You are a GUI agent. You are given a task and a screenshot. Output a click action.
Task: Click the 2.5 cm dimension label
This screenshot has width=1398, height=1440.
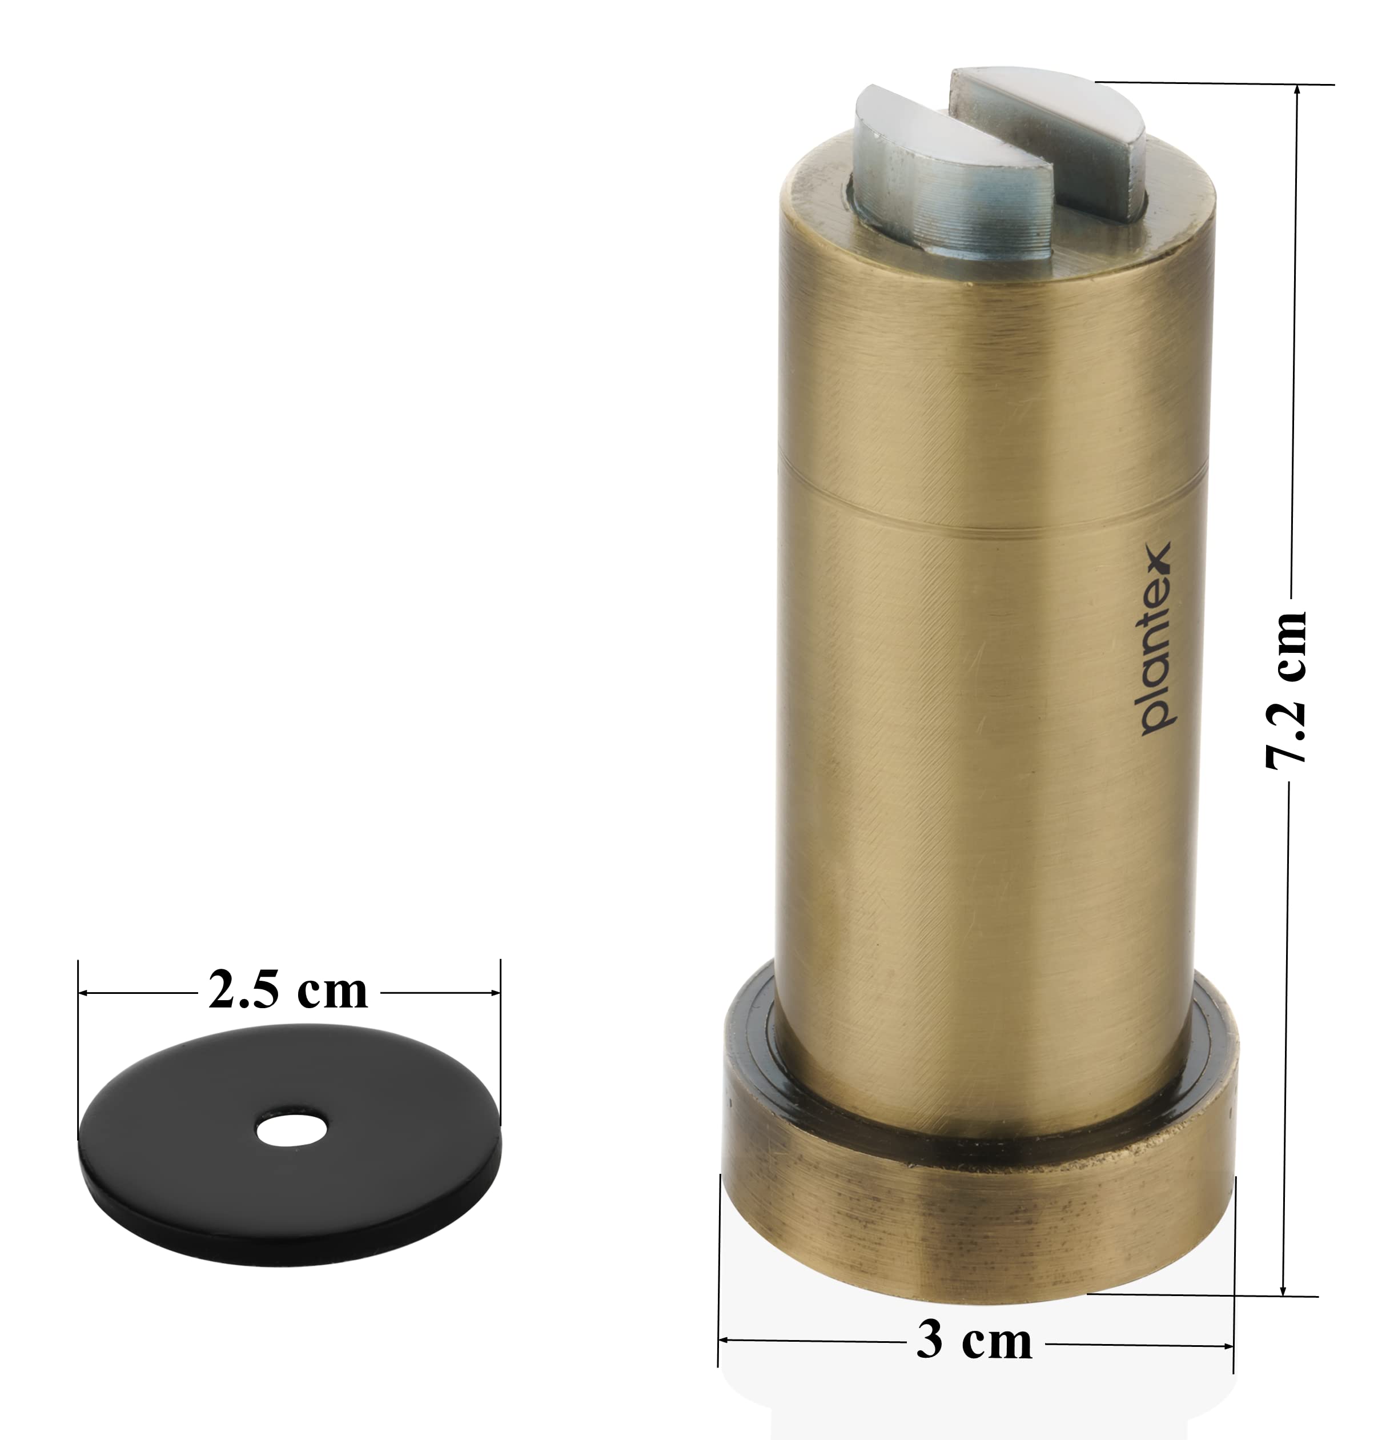click(288, 990)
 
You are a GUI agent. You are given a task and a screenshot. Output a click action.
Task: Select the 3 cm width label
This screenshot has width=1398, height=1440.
click(974, 1340)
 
